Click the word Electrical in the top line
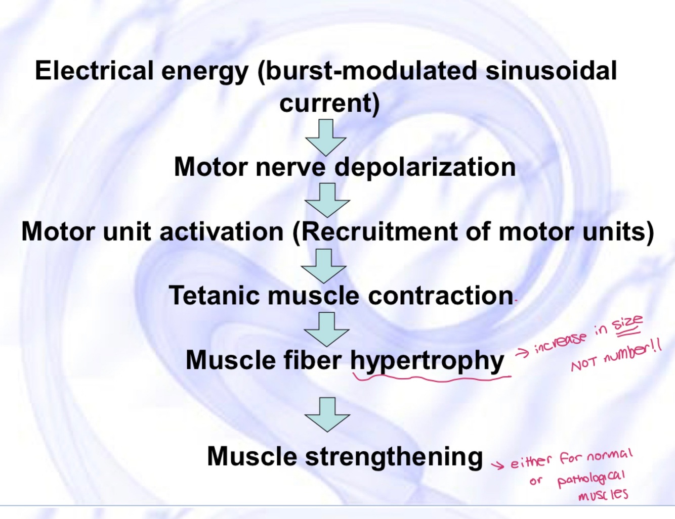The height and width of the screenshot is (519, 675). [x=94, y=70]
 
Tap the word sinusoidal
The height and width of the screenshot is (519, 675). [x=551, y=70]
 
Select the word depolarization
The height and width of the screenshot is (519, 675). [x=425, y=167]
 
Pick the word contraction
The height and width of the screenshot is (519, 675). [x=440, y=296]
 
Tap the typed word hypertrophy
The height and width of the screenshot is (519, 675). [x=427, y=361]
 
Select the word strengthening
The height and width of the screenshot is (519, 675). [x=394, y=456]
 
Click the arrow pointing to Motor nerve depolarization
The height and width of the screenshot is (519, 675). [x=326, y=137]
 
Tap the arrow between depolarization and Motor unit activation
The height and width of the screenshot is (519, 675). [x=327, y=200]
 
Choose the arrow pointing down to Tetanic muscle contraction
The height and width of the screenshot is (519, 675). [x=324, y=265]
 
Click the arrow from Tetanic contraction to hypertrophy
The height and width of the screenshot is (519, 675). [x=326, y=329]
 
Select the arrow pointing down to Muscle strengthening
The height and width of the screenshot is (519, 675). [x=327, y=414]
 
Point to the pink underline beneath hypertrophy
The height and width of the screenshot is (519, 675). [x=430, y=378]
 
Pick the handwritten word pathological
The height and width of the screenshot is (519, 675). [x=590, y=478]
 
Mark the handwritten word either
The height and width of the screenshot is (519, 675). [x=530, y=461]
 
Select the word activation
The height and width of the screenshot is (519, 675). [x=221, y=231]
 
